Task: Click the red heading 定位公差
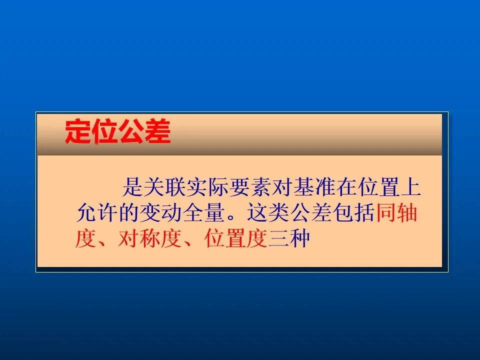click(118, 131)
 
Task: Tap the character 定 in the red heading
click(78, 131)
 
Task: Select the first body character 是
click(133, 187)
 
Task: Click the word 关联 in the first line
click(165, 187)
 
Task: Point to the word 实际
click(208, 187)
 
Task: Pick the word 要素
click(250, 187)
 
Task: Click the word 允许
click(97, 212)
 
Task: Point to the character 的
click(129, 212)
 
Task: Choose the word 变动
click(161, 212)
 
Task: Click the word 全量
click(204, 212)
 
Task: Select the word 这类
click(268, 212)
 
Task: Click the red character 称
click(150, 238)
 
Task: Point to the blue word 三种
click(289, 238)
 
